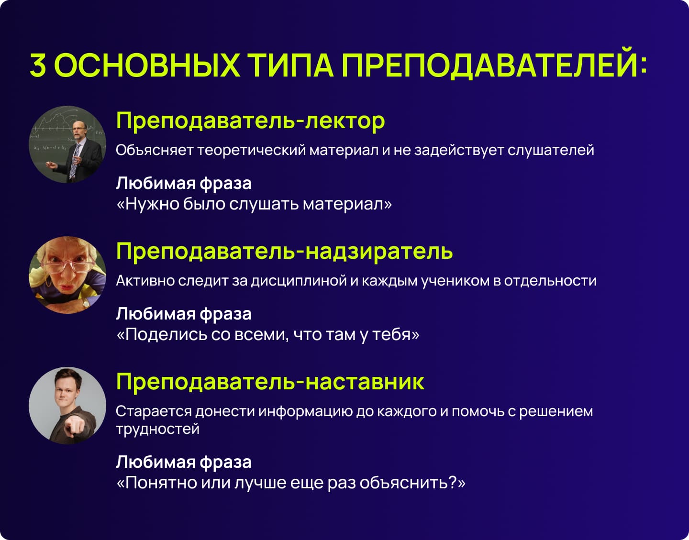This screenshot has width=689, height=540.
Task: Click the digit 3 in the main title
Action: click(38, 65)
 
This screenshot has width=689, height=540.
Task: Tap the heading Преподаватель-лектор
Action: click(251, 121)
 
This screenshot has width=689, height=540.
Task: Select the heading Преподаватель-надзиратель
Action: click(284, 251)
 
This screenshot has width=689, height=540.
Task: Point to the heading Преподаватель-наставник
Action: click(270, 382)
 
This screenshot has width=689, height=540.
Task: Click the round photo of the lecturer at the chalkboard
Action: click(67, 144)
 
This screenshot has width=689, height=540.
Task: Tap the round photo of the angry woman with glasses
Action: click(67, 275)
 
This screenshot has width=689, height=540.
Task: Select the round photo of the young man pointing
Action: click(67, 406)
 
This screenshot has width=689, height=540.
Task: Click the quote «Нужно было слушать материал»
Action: click(254, 204)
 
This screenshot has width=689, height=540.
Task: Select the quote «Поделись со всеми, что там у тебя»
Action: click(268, 335)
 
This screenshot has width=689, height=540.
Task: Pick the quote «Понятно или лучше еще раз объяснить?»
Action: click(291, 483)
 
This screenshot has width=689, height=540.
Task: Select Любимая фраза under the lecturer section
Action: click(184, 183)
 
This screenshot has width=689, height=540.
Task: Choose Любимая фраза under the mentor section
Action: click(184, 462)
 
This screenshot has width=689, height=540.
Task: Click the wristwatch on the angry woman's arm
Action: click(86, 304)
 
